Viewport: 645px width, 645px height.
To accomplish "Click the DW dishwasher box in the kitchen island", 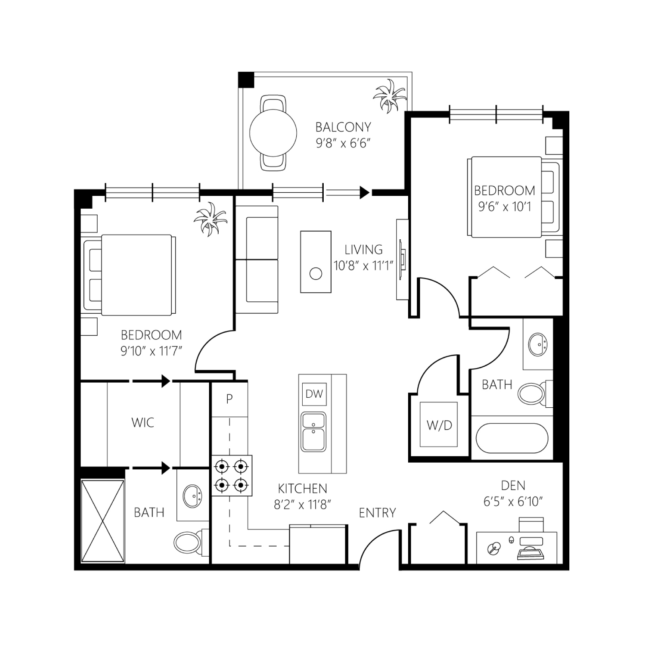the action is click(314, 394).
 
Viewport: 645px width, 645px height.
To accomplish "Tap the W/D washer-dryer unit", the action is click(439, 424).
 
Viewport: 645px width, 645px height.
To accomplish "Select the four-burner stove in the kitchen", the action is click(231, 475).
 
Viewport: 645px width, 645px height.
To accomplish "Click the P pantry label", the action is click(229, 399).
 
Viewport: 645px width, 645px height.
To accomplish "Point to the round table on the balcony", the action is click(273, 133).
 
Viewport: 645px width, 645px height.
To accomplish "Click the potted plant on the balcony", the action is click(389, 96).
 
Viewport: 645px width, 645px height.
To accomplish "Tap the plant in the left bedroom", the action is click(210, 219).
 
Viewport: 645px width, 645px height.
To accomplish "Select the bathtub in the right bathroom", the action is click(512, 438).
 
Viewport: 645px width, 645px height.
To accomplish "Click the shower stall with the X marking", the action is click(102, 521).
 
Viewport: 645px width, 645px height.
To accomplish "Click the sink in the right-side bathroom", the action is click(538, 344).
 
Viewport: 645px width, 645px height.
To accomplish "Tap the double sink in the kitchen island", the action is click(314, 432).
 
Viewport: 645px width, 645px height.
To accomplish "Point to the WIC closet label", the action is click(143, 422).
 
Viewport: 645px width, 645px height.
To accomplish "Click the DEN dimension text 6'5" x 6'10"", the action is click(513, 502).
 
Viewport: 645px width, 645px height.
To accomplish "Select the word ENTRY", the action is click(377, 513).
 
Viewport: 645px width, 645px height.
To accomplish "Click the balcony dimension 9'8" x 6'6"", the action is click(343, 143).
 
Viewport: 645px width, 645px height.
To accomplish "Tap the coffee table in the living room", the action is click(316, 262).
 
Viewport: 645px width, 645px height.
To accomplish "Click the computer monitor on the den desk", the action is click(531, 540).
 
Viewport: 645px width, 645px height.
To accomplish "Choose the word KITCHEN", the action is click(302, 489).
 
